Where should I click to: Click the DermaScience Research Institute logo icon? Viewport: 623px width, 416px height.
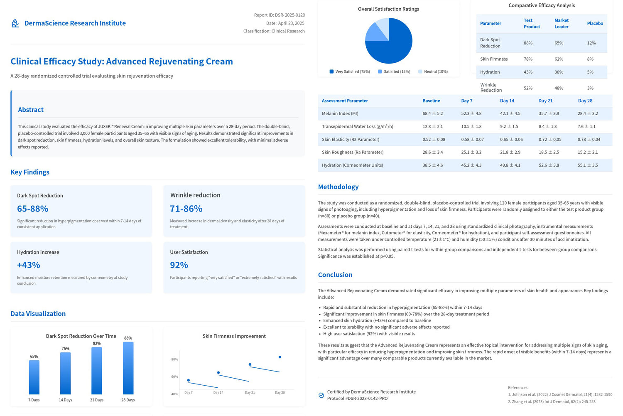pyautogui.click(x=15, y=24)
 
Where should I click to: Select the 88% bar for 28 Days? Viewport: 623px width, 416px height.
pyautogui.click(x=128, y=368)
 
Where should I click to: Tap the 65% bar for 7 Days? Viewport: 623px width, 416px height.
pyautogui.click(x=34, y=377)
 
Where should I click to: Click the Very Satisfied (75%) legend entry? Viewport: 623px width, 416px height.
pyautogui.click(x=350, y=71)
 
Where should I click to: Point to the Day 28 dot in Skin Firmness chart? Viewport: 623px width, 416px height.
pyautogui.click(x=280, y=357)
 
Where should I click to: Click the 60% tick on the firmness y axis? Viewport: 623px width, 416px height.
pyautogui.click(x=174, y=377)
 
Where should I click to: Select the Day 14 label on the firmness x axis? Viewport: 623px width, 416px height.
pyautogui.click(x=218, y=393)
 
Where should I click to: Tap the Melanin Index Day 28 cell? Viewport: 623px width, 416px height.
pyautogui.click(x=588, y=113)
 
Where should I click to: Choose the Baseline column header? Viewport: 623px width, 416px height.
pyautogui.click(x=431, y=101)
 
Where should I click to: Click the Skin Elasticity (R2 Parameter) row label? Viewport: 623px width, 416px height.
pyautogui.click(x=351, y=140)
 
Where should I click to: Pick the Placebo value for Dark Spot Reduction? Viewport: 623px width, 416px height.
pyautogui.click(x=591, y=43)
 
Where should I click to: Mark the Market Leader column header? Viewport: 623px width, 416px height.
pyautogui.click(x=562, y=24)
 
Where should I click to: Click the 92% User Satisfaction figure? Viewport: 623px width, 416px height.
pyautogui.click(x=179, y=265)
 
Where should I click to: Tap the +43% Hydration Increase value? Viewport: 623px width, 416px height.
pyautogui.click(x=29, y=265)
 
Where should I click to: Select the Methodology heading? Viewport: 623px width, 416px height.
pyautogui.click(x=338, y=187)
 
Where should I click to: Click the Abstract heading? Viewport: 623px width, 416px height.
pyautogui.click(x=31, y=110)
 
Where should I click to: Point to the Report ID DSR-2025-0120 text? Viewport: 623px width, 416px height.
pyautogui.click(x=280, y=15)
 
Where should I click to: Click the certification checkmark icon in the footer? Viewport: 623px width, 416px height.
pyautogui.click(x=321, y=395)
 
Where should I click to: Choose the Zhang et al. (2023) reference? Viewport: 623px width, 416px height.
pyautogui.click(x=552, y=402)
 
